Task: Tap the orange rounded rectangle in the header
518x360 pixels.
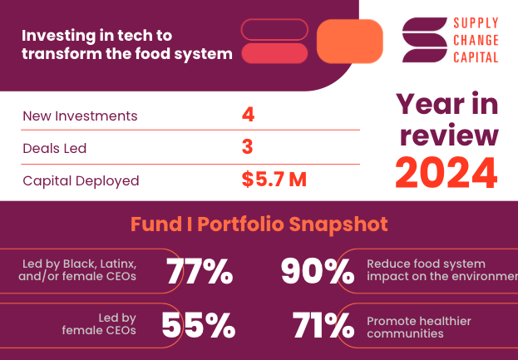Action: tap(350, 41)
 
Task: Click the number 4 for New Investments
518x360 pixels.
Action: tap(247, 115)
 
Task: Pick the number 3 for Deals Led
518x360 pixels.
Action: tap(247, 147)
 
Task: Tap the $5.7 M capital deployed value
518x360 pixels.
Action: tap(274, 180)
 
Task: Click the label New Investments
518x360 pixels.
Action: tap(80, 116)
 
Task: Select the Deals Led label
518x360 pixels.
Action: tap(55, 148)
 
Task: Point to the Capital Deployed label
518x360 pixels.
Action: tap(81, 180)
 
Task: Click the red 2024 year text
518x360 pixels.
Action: tap(446, 171)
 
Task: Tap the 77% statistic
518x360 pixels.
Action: tap(200, 271)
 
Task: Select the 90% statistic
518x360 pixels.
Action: tap(318, 271)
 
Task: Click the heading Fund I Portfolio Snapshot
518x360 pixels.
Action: tap(259, 224)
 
